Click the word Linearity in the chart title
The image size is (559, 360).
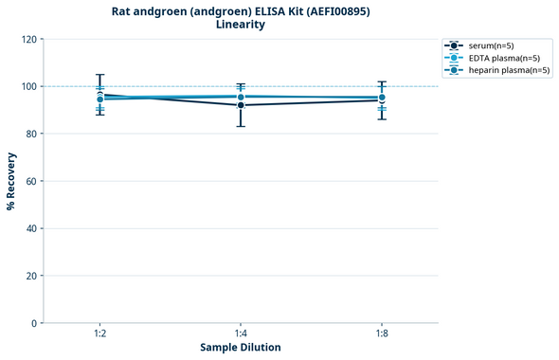(241, 25)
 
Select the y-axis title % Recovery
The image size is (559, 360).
(11, 181)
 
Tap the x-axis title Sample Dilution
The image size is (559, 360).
(241, 348)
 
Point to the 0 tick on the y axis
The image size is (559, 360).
(34, 323)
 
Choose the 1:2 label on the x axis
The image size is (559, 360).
(99, 333)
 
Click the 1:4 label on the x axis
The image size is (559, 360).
(241, 333)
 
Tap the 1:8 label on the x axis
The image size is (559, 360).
(381, 333)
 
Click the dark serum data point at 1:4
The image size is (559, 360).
(241, 105)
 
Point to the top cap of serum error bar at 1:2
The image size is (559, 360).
(99, 75)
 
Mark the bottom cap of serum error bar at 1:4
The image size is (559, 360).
(241, 126)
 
